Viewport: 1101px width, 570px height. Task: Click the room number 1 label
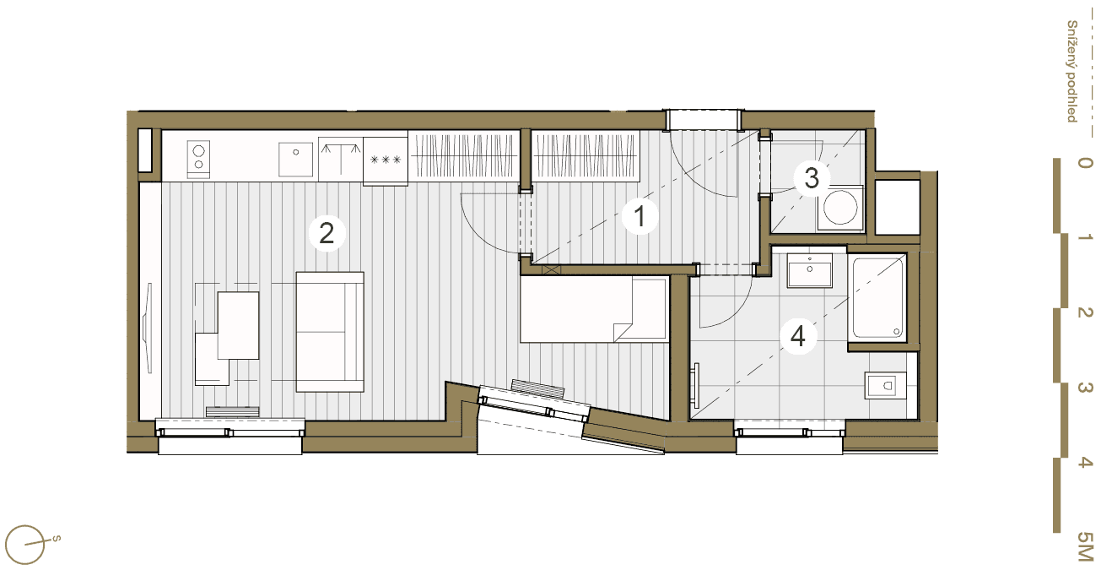[x=640, y=216]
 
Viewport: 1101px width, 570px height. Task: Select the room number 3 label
[x=812, y=177]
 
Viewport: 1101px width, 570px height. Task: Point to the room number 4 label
[x=798, y=337]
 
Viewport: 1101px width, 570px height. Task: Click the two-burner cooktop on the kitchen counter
[x=198, y=160]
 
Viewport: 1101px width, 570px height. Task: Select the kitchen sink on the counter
[x=295, y=160]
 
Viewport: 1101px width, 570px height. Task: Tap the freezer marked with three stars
[x=386, y=160]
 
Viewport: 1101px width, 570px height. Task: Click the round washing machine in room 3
[x=840, y=208]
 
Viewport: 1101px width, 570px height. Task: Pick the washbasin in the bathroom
[x=810, y=270]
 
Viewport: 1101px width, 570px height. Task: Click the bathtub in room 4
[x=878, y=298]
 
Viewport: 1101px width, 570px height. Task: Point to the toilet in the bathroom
[x=885, y=386]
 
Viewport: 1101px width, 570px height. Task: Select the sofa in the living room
[x=330, y=332]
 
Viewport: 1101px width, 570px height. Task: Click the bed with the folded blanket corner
[x=595, y=309]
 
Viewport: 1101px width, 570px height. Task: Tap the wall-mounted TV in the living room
[x=147, y=328]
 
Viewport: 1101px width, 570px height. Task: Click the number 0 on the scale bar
[x=1085, y=163]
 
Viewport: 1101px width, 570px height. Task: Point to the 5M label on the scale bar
[x=1085, y=546]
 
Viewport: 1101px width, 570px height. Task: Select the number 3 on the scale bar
[x=1085, y=388]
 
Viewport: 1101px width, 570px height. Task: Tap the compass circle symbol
[x=24, y=545]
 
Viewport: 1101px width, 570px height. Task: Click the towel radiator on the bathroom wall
[x=695, y=386]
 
